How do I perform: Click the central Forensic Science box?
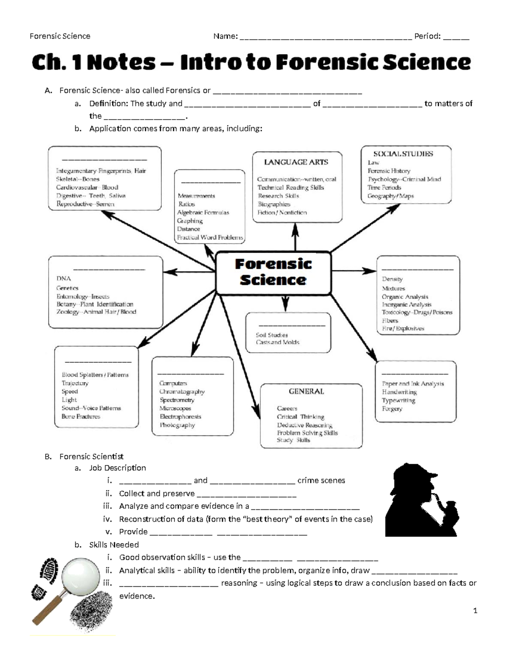pos(273,272)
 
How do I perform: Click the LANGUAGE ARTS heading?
pos(296,162)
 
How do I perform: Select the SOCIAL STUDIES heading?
pos(403,154)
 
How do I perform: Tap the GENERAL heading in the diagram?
pos(306,392)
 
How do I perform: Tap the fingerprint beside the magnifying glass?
pos(91,612)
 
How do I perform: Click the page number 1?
pos(475,610)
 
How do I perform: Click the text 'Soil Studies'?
pos(272,335)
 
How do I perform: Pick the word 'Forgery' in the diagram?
pos(392,409)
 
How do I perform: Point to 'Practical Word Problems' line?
pos(210,237)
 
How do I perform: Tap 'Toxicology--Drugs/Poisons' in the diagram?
pos(417,312)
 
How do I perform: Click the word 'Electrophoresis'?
pos(180,416)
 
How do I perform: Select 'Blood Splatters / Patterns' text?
pos(95,375)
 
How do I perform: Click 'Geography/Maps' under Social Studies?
pos(390,196)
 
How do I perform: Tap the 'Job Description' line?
pos(117,468)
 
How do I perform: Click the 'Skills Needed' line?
pos(114,545)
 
